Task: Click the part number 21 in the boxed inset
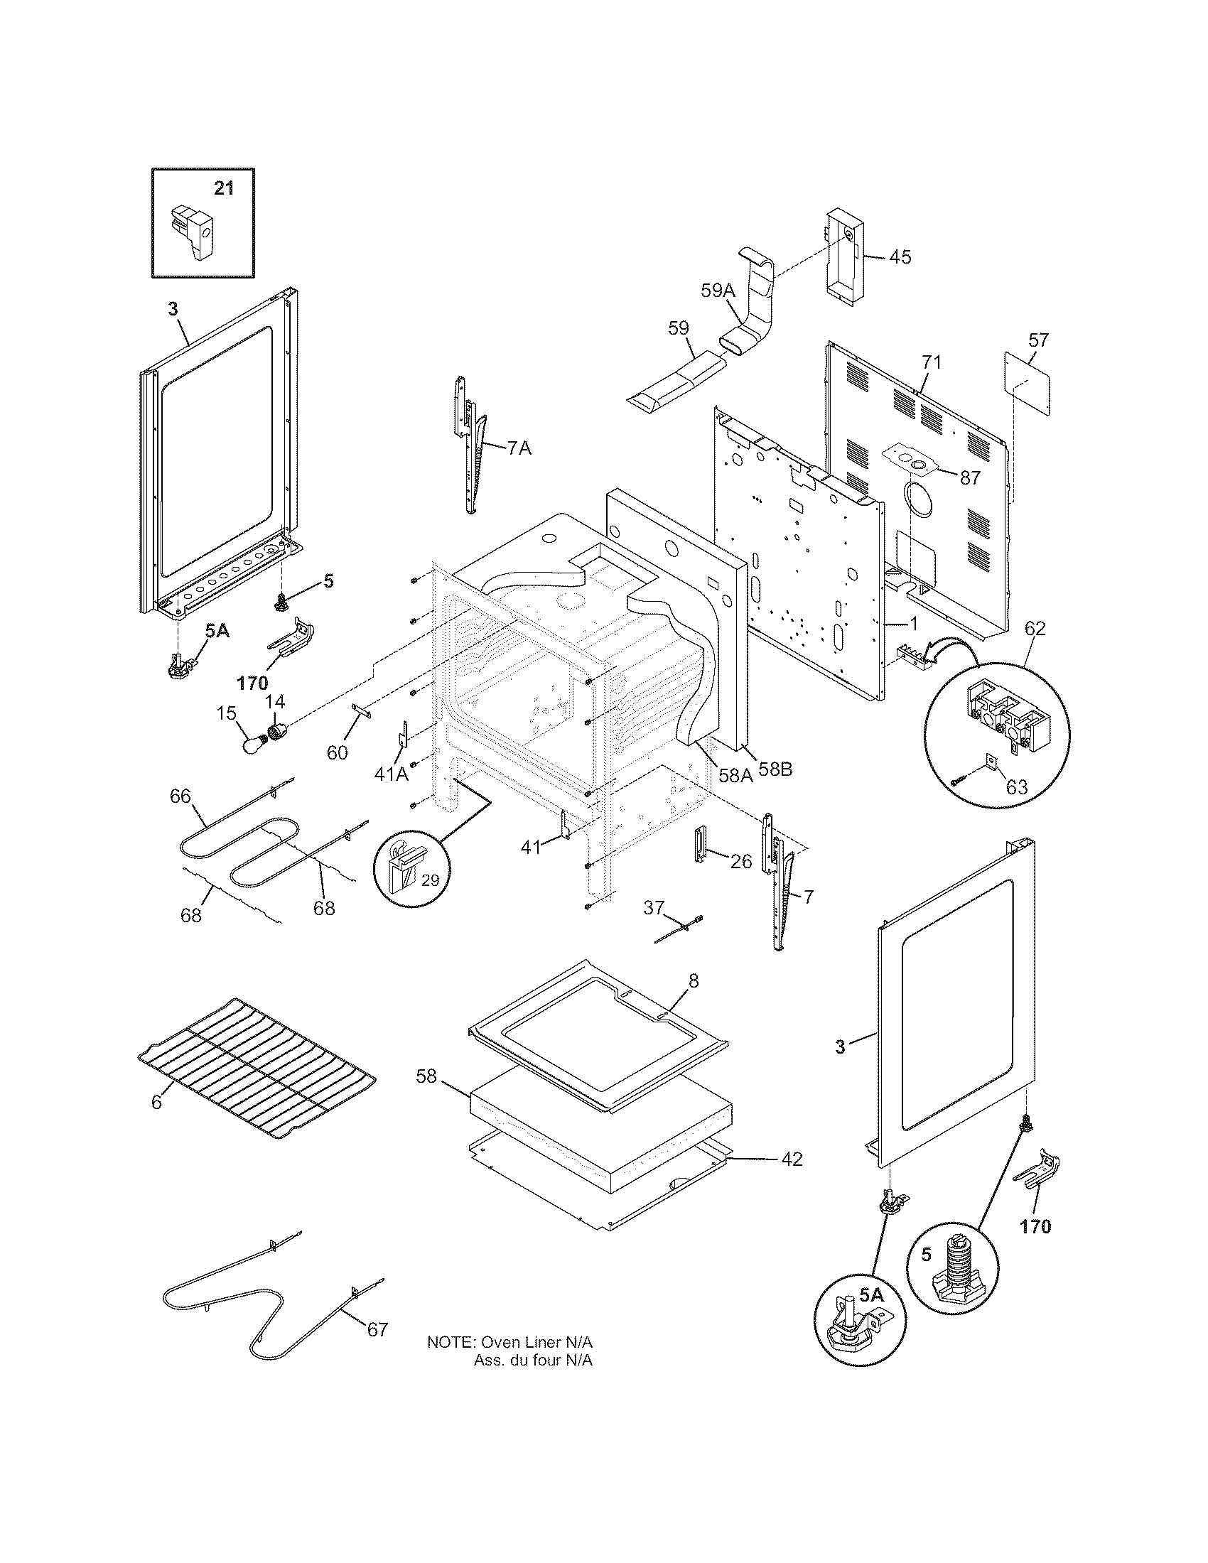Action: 224,189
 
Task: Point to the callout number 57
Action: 1037,340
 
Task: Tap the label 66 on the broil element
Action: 180,796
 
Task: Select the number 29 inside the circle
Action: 429,881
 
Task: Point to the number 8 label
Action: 694,980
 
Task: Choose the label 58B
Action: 775,771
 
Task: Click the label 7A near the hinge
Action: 519,449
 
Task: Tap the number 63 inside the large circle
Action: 1016,787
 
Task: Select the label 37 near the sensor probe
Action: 653,907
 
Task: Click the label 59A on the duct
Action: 718,290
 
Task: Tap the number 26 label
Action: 741,862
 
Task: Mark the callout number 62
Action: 1035,628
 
